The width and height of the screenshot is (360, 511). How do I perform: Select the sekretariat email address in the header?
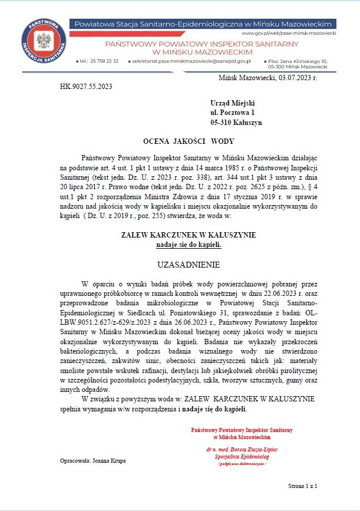click(193, 61)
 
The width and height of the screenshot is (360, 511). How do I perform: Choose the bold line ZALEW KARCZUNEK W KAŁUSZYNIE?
click(188, 235)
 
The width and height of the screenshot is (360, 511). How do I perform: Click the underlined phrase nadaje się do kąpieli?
click(189, 244)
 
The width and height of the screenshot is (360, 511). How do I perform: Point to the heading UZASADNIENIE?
click(189, 263)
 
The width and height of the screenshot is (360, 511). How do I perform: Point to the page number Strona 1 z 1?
click(303, 486)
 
